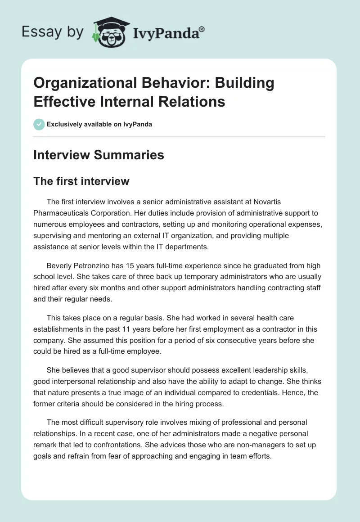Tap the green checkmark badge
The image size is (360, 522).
pos(39,124)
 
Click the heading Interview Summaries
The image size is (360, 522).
pos(99,155)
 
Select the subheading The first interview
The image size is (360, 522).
pos(81,181)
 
